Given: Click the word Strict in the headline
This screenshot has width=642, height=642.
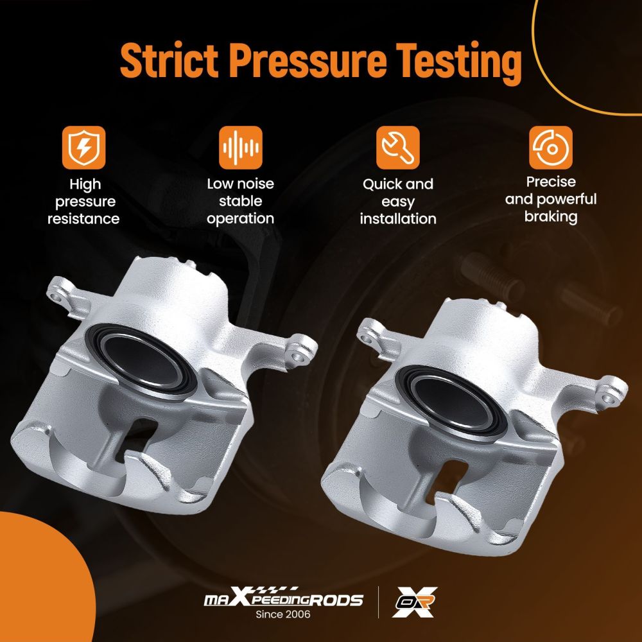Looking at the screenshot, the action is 169,60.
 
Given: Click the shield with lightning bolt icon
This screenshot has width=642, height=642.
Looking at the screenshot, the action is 83,148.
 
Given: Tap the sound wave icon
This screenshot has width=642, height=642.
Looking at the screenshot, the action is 240,148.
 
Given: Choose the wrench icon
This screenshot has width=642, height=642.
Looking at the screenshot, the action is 397,148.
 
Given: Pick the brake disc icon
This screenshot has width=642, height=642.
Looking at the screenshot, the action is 551,148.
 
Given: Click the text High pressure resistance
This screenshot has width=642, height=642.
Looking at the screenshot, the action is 83,202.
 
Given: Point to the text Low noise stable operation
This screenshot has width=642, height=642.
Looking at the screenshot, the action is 240,202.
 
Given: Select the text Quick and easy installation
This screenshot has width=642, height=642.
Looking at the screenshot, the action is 397,202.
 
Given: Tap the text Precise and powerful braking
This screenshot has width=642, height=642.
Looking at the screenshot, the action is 551,200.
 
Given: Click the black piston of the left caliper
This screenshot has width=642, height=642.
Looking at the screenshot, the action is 141,360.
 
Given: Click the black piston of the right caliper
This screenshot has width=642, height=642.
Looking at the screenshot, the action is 451,402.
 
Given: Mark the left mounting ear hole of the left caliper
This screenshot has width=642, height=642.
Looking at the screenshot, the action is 56,297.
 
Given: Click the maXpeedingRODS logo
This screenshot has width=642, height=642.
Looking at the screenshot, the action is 283,598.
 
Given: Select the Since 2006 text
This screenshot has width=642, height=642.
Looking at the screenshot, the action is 283,614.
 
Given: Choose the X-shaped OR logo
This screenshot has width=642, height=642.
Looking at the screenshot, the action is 414,602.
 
